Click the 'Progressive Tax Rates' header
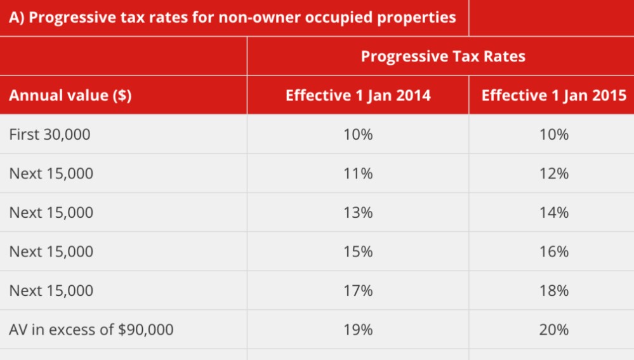(x=443, y=57)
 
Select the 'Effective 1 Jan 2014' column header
(x=358, y=96)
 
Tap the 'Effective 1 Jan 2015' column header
(x=554, y=96)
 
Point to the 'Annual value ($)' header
(x=70, y=96)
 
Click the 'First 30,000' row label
(x=50, y=135)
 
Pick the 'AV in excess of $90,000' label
(x=91, y=330)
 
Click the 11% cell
(x=358, y=173)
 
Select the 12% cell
(x=554, y=173)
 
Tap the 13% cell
(x=358, y=213)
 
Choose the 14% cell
(x=554, y=213)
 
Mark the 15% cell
(x=358, y=251)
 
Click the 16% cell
(x=554, y=251)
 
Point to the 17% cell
(x=358, y=291)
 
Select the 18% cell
(x=554, y=291)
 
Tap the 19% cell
(x=358, y=330)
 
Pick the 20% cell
(x=554, y=330)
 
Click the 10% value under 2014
(x=358, y=135)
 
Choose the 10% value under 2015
(x=554, y=135)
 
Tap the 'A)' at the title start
(x=17, y=17)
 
